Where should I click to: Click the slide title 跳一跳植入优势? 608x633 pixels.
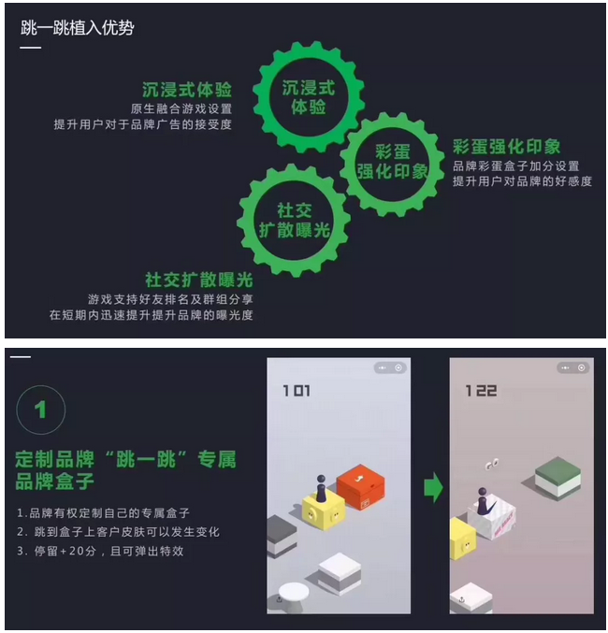77,28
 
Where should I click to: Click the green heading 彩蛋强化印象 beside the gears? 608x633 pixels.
507,147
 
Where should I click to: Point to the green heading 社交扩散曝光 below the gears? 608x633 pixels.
199,280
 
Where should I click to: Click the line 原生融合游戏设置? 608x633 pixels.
181,108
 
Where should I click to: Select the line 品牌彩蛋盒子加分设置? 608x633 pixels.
516,165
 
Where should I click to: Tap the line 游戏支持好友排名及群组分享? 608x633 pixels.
171,299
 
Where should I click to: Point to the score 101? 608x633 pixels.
297,391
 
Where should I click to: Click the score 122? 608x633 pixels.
481,391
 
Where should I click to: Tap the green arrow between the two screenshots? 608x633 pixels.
433,487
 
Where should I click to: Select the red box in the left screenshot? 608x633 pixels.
361,487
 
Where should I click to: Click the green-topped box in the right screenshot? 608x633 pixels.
557,478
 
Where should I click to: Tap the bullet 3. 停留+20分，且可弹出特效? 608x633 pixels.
100,551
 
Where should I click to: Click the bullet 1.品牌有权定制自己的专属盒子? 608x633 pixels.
103,513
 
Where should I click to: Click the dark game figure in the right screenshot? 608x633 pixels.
482,500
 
